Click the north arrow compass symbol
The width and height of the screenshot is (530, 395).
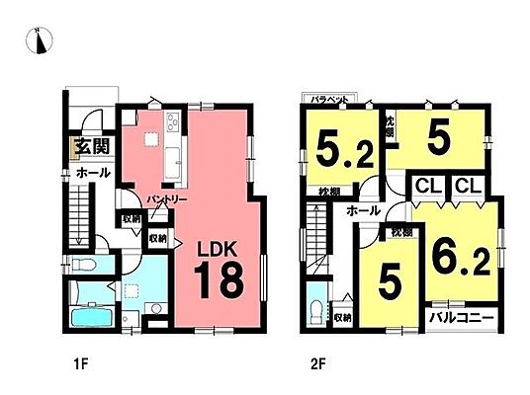click(38, 40)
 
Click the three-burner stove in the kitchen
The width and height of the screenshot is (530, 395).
click(171, 125)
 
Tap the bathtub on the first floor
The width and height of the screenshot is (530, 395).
click(95, 294)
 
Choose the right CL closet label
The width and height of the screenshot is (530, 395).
click(467, 186)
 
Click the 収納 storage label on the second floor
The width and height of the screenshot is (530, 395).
click(342, 317)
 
